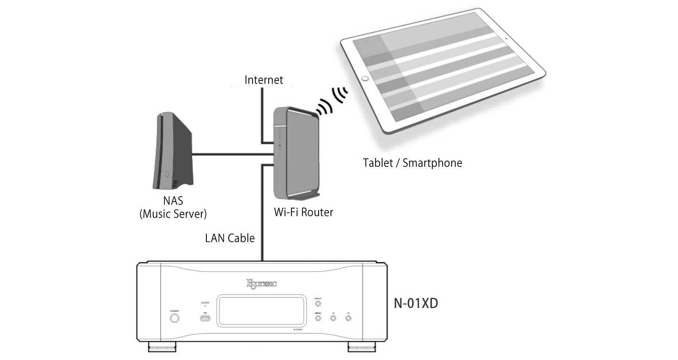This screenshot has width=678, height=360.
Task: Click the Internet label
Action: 264,80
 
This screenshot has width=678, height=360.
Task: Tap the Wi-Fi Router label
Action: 303,212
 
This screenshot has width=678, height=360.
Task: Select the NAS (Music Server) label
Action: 173,207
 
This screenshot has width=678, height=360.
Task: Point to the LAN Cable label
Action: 230,238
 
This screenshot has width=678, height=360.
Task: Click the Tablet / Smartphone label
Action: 412,163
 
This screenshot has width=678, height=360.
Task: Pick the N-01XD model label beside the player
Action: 416,303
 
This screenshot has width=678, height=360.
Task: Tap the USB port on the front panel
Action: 205,318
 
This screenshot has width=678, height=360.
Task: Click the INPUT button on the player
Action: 318,304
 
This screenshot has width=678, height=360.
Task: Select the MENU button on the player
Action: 318,318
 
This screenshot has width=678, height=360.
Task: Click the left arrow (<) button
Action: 333,318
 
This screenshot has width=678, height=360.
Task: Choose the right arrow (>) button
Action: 348,318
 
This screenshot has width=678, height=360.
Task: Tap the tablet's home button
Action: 365,79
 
